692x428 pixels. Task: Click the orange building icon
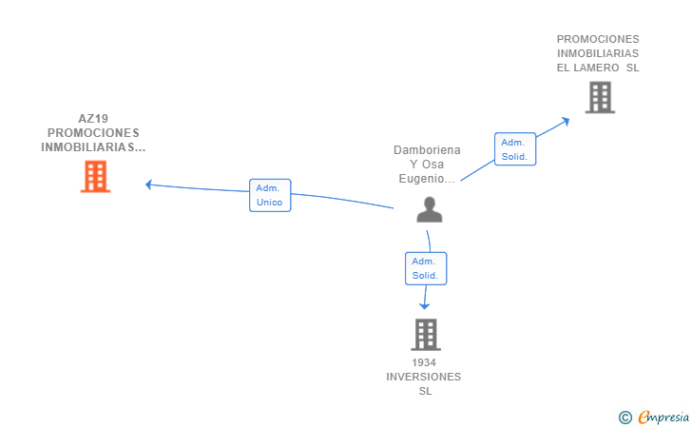[x=95, y=177]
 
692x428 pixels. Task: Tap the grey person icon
[x=430, y=209]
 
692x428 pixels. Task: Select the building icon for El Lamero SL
[x=600, y=97]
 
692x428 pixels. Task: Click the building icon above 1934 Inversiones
[x=426, y=335]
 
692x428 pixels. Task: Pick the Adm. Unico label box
[x=270, y=195]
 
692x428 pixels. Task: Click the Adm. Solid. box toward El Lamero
[x=515, y=149]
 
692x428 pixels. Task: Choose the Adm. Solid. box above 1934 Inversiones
[x=426, y=268]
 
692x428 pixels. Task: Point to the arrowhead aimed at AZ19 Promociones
[x=148, y=185]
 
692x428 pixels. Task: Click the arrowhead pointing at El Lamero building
[x=565, y=121]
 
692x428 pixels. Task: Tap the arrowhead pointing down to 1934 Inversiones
[x=425, y=306]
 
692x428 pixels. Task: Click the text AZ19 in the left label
[x=93, y=118]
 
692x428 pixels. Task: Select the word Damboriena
[x=427, y=150]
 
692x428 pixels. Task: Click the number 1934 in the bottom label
[x=424, y=362]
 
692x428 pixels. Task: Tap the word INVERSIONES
[x=424, y=377]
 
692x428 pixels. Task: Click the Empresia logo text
[x=663, y=417]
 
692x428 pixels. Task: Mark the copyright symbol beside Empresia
[x=625, y=418]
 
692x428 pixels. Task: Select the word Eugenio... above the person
[x=427, y=179]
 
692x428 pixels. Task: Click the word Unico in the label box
[x=269, y=203]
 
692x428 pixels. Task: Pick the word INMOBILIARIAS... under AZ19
[x=93, y=147]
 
